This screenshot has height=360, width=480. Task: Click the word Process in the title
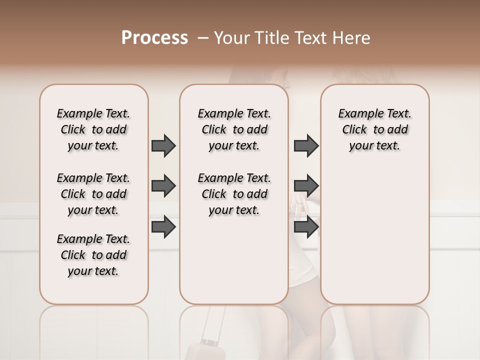point(154,38)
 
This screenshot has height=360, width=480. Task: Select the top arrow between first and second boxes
point(163,145)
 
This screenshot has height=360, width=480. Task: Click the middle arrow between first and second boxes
point(163,186)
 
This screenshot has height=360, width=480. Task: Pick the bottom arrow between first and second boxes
point(163,226)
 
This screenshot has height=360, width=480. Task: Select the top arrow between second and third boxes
point(306,145)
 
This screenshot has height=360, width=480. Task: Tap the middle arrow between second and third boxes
point(306,186)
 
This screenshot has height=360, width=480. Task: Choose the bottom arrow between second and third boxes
point(306,226)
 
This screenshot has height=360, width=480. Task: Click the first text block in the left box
point(93,129)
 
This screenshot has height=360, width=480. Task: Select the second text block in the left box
point(93,194)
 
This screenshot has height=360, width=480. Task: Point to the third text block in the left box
point(93,255)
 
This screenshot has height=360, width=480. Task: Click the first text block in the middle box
point(234,129)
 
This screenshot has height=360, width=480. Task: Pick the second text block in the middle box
point(234,194)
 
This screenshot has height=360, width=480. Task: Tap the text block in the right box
point(374,129)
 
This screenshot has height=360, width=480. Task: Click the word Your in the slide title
point(228,38)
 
